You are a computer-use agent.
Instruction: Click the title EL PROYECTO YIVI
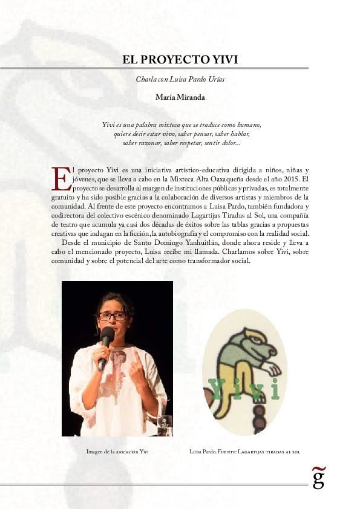pyautogui.click(x=180, y=60)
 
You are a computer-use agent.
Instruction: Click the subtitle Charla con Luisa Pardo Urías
pyautogui.click(x=180, y=80)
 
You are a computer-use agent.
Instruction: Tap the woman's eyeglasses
pyautogui.click(x=113, y=316)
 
